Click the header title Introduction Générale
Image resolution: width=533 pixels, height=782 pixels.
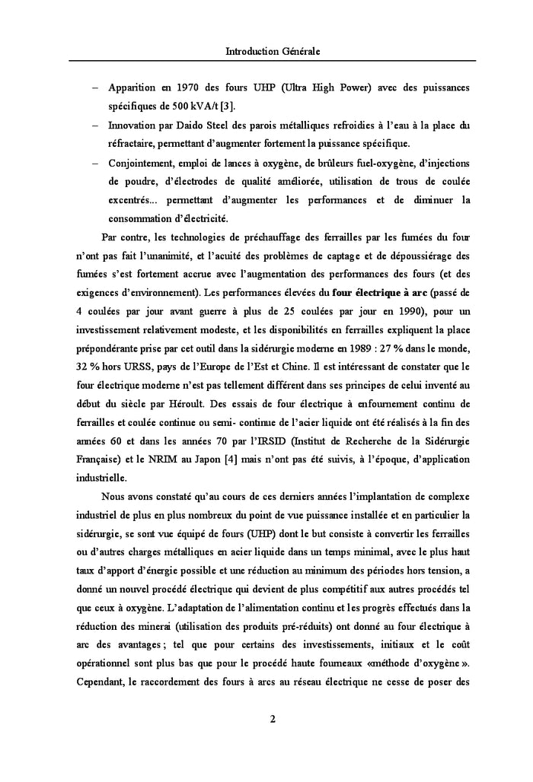[273, 52]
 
